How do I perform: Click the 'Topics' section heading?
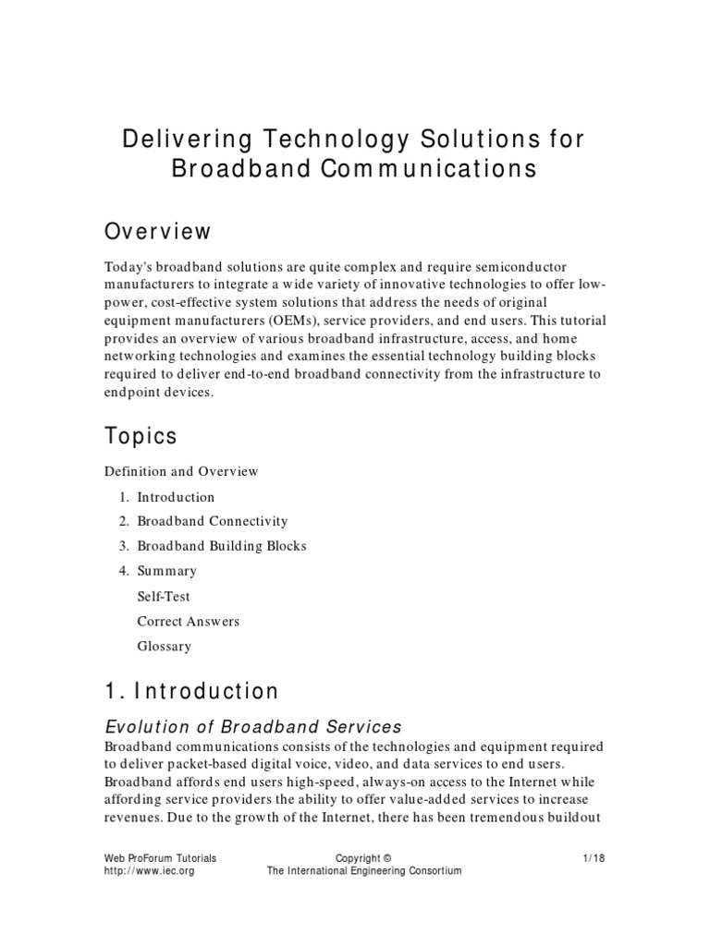(x=141, y=435)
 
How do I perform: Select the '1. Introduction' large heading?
(x=191, y=691)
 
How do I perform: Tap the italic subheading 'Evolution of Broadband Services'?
(x=253, y=726)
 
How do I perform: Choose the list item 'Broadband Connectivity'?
(x=213, y=521)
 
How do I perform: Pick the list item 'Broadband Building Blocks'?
(x=222, y=546)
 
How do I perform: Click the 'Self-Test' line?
(x=164, y=597)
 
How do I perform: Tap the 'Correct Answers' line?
(x=189, y=622)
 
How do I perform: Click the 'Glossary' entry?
(x=165, y=647)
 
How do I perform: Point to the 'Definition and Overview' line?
(x=181, y=471)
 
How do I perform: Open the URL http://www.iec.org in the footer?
(x=149, y=871)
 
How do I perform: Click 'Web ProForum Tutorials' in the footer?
(x=160, y=858)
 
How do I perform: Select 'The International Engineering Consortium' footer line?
(x=364, y=871)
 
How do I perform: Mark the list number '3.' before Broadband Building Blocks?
(x=124, y=546)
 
